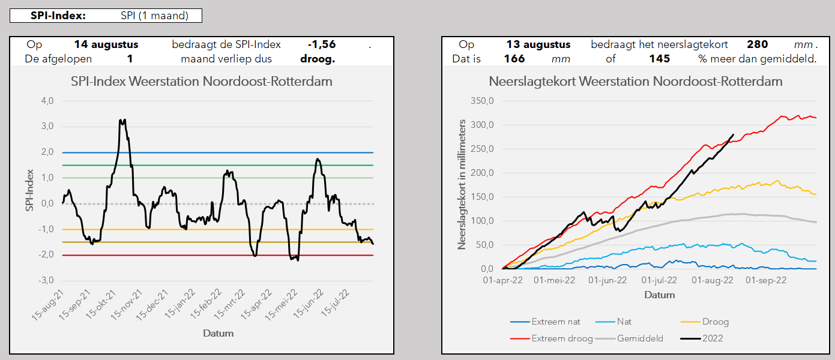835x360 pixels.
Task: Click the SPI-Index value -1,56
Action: click(322, 44)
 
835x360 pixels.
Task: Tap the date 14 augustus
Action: click(106, 44)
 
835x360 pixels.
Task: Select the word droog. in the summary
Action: click(318, 59)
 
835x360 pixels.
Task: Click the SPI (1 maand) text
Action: click(155, 16)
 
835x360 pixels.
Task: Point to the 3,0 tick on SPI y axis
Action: click(47, 127)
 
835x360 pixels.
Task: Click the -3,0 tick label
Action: click(46, 280)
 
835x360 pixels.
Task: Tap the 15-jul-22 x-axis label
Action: click(335, 303)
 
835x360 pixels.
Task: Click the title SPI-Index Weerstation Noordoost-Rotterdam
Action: click(202, 81)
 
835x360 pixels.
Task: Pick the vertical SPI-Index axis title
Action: click(29, 190)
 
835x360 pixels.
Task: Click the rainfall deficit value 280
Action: click(758, 44)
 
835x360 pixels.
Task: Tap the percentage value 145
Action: click(660, 59)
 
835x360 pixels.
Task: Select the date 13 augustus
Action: click(538, 44)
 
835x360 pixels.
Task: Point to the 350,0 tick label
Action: click(482, 101)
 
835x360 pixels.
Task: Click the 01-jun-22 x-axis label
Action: click(607, 280)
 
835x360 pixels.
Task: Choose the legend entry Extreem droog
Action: click(552, 338)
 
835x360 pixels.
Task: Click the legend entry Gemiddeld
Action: click(630, 338)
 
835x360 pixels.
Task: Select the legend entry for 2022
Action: click(702, 338)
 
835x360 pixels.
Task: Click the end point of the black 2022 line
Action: click(733, 134)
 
